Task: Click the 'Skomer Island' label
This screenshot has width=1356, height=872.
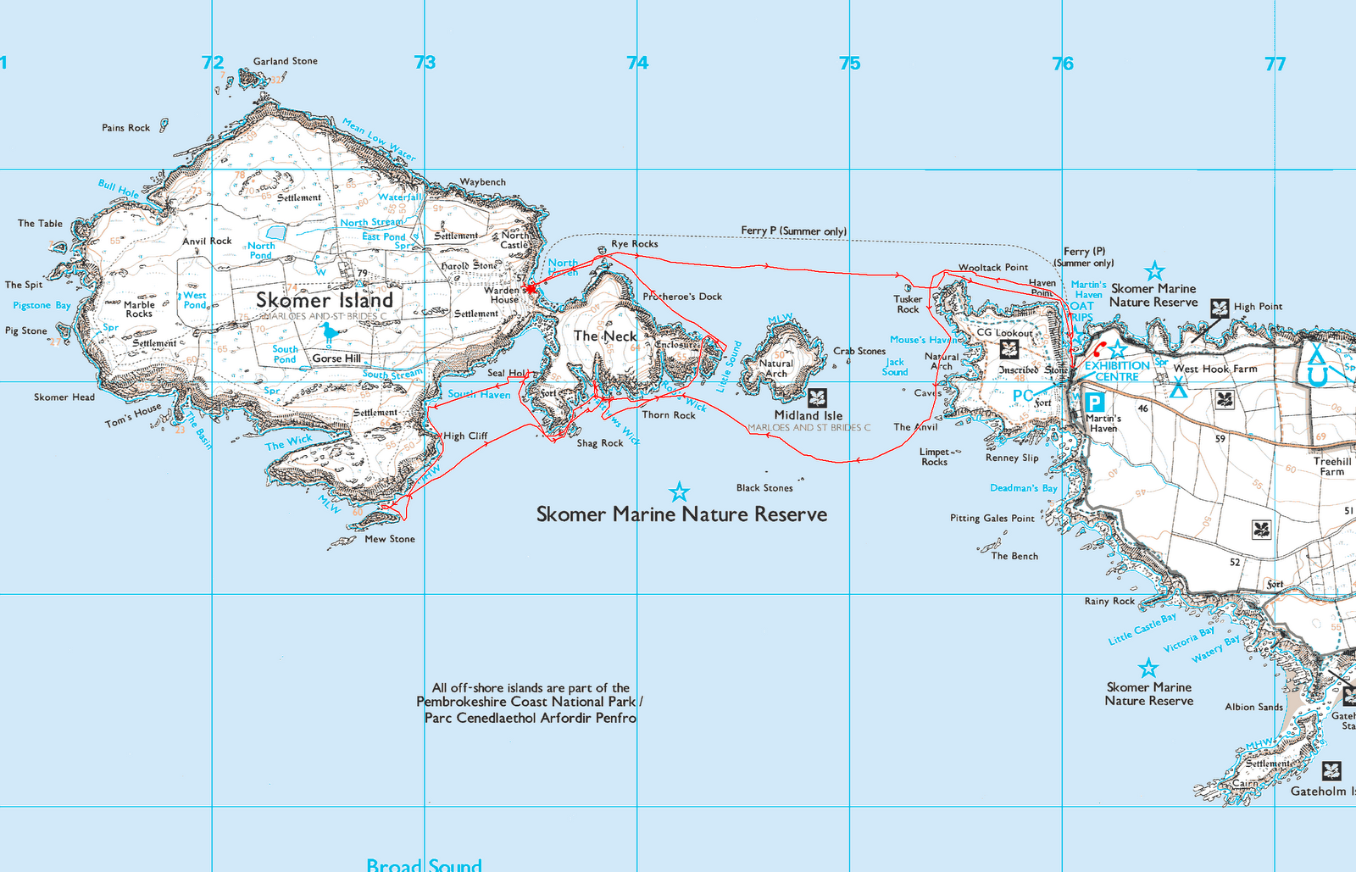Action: (x=325, y=300)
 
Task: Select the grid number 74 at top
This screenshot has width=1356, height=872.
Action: (x=637, y=63)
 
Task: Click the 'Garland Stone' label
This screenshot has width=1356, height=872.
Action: (x=286, y=61)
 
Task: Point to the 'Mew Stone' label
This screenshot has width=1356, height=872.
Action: (x=390, y=539)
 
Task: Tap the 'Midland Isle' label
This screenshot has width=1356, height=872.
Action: (x=809, y=415)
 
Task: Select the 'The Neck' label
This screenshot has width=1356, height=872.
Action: (x=605, y=336)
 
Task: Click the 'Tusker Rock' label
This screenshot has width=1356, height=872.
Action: (x=908, y=303)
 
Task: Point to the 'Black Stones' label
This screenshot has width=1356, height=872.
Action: (x=764, y=487)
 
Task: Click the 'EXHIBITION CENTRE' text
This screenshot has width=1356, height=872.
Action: (x=1117, y=371)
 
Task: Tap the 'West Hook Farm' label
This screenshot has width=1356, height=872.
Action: (x=1215, y=369)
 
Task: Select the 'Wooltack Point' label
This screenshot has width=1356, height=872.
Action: (x=993, y=267)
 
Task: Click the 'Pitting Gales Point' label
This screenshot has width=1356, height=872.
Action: (x=992, y=518)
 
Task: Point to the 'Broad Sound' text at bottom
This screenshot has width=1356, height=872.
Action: (x=424, y=864)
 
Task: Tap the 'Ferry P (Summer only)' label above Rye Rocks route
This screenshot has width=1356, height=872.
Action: (x=793, y=230)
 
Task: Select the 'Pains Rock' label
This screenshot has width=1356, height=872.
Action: (x=126, y=128)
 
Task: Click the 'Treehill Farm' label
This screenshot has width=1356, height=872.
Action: (x=1332, y=466)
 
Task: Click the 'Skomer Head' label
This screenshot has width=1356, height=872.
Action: (x=64, y=397)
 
